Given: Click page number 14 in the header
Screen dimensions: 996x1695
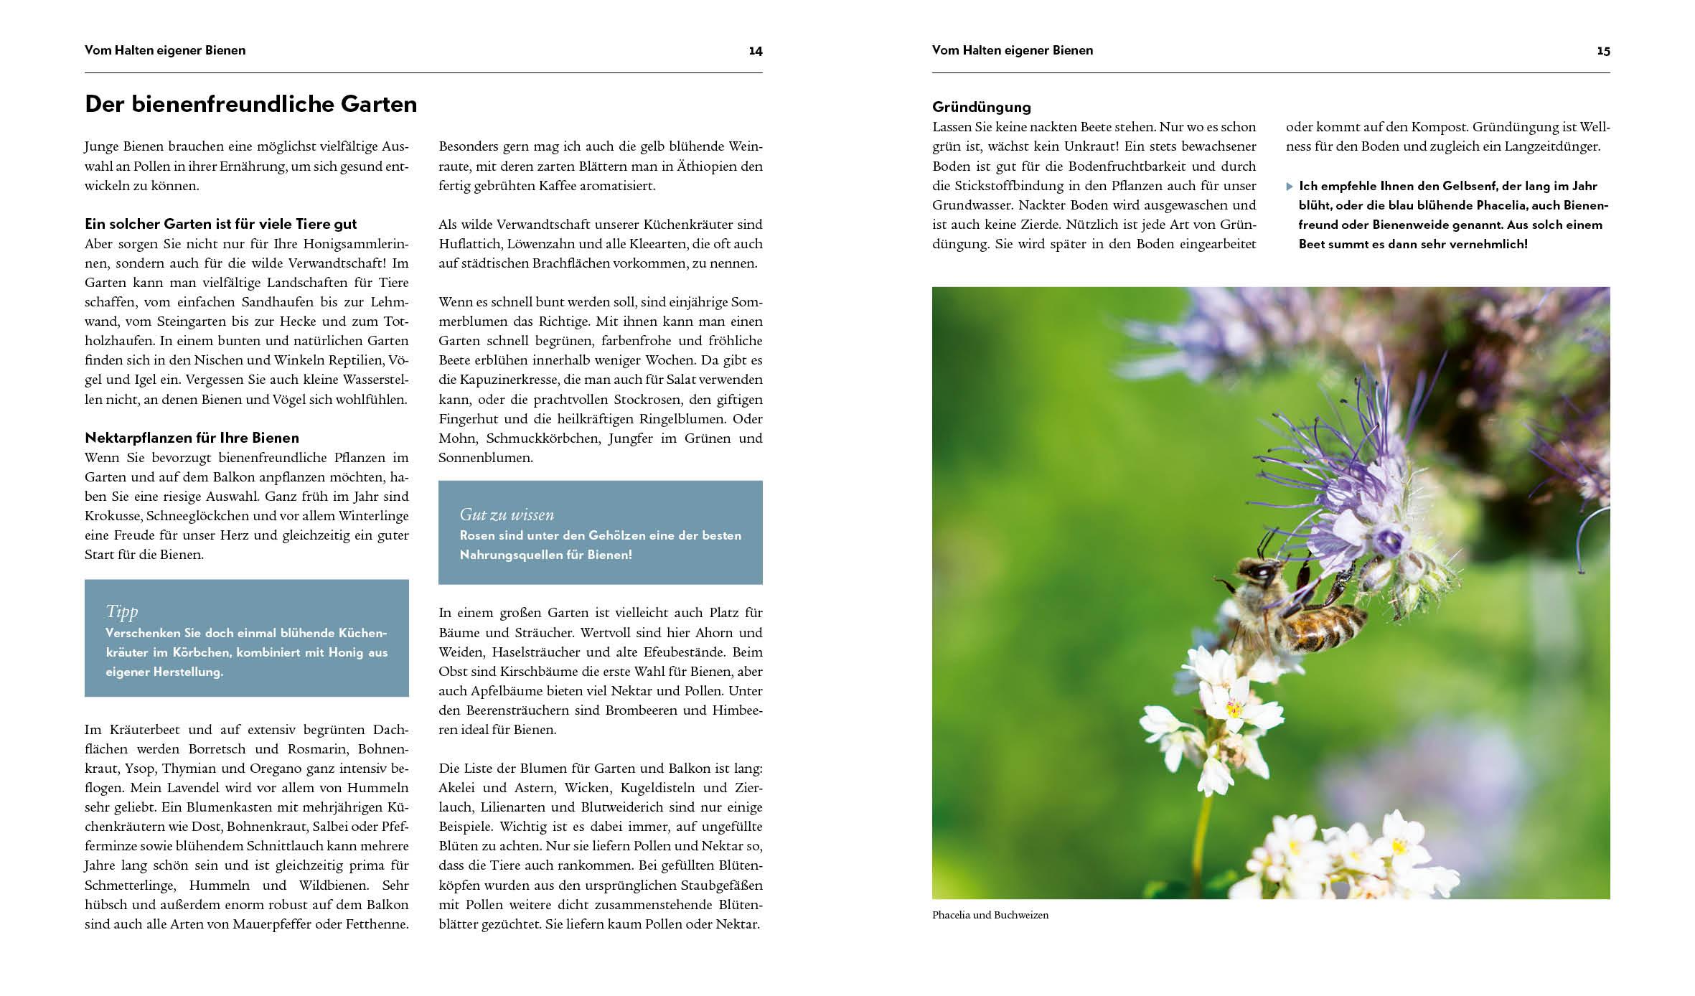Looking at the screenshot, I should coord(755,51).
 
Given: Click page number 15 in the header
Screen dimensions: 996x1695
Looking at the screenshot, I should coord(1603,51).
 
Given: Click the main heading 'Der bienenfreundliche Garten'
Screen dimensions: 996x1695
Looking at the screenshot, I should coord(250,105).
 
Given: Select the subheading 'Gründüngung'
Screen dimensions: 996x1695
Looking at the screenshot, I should coord(981,108).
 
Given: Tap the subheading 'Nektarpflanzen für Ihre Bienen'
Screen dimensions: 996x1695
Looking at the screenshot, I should coord(192,438).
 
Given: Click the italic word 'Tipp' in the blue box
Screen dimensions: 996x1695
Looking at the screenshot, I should coord(121,611).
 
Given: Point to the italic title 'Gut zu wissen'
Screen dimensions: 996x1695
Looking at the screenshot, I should coord(507,515).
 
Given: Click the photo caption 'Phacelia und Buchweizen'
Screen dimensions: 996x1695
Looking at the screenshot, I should coord(990,915).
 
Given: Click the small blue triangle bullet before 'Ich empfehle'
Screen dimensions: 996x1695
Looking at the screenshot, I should coord(1290,187).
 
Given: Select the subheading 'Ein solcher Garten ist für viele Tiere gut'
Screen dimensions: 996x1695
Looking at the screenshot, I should coord(220,224).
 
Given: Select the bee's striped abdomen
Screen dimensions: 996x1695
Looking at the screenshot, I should coord(1328,623).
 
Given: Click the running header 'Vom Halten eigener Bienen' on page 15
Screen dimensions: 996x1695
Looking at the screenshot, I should coord(1012,51).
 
